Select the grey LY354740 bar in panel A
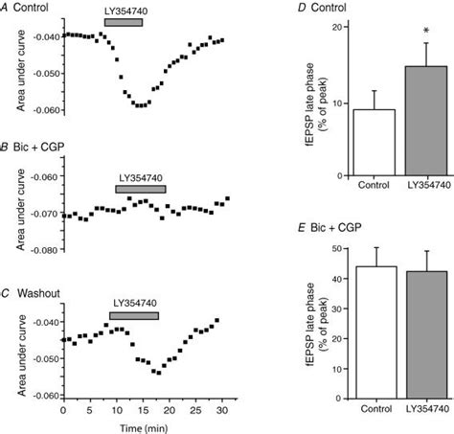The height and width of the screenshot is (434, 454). pos(123,20)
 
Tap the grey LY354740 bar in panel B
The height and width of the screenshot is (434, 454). pos(140,189)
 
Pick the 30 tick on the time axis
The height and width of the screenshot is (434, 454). pos(219,409)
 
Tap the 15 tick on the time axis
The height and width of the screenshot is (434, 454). pos(141,409)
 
